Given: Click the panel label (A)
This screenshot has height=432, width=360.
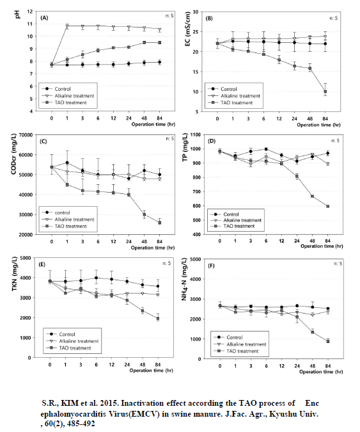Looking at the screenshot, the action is click(44, 18).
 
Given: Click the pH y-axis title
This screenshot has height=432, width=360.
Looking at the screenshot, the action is click(17, 14).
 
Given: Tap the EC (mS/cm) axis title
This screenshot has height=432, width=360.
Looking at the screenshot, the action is click(188, 28).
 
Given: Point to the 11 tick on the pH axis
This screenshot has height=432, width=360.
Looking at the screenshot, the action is click(30, 24).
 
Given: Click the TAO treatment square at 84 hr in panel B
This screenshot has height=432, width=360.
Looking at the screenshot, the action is click(325, 92).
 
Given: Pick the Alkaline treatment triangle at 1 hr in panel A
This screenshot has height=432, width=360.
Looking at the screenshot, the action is click(67, 26).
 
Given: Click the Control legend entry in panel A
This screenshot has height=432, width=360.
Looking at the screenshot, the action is click(56, 89).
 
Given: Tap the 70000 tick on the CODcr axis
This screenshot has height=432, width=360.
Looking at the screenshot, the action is click(26, 135).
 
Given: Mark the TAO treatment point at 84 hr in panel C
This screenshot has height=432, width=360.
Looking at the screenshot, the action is click(160, 223).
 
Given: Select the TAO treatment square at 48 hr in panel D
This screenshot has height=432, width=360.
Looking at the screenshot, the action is click(313, 196).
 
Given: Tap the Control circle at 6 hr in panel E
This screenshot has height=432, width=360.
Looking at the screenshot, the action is click(96, 278).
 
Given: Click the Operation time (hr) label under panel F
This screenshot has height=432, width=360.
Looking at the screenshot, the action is click(321, 372).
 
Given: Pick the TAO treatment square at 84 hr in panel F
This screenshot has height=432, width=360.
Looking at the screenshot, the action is click(328, 341).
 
